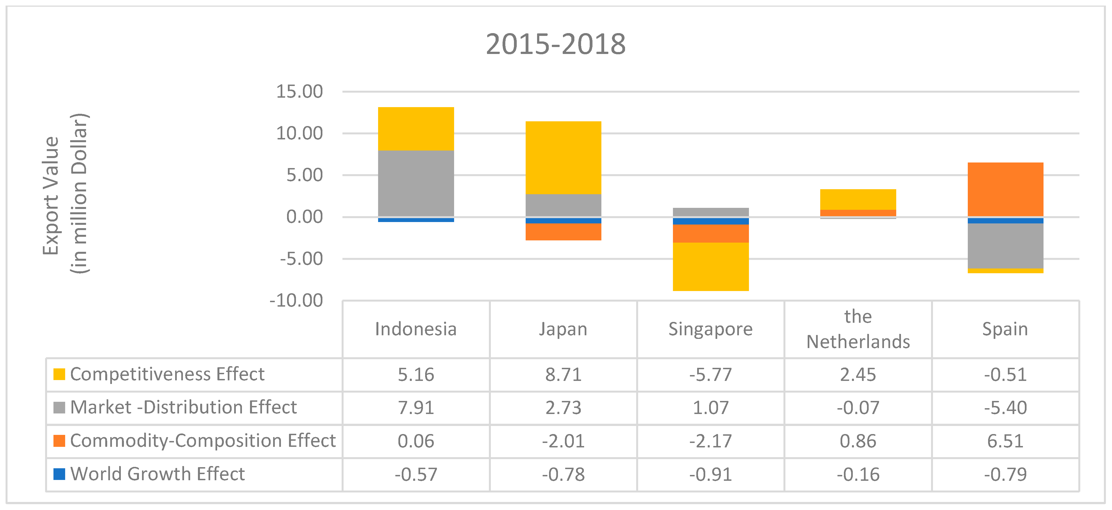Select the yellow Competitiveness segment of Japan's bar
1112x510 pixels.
[563, 157]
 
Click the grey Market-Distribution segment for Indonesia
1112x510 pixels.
[416, 183]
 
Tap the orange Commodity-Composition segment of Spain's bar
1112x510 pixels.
[1005, 189]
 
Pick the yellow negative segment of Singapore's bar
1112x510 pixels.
[711, 266]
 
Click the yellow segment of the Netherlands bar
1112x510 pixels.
[858, 199]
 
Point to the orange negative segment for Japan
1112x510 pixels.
[563, 232]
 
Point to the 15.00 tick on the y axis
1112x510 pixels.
[299, 92]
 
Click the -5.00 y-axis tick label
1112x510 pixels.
[301, 259]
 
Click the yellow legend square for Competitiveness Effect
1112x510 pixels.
[59, 374]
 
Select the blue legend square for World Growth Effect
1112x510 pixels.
[59, 474]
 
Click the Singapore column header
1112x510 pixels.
[711, 329]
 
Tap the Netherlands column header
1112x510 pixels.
[858, 329]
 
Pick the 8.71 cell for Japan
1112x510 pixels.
[563, 375]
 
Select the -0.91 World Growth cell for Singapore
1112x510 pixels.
[711, 474]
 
